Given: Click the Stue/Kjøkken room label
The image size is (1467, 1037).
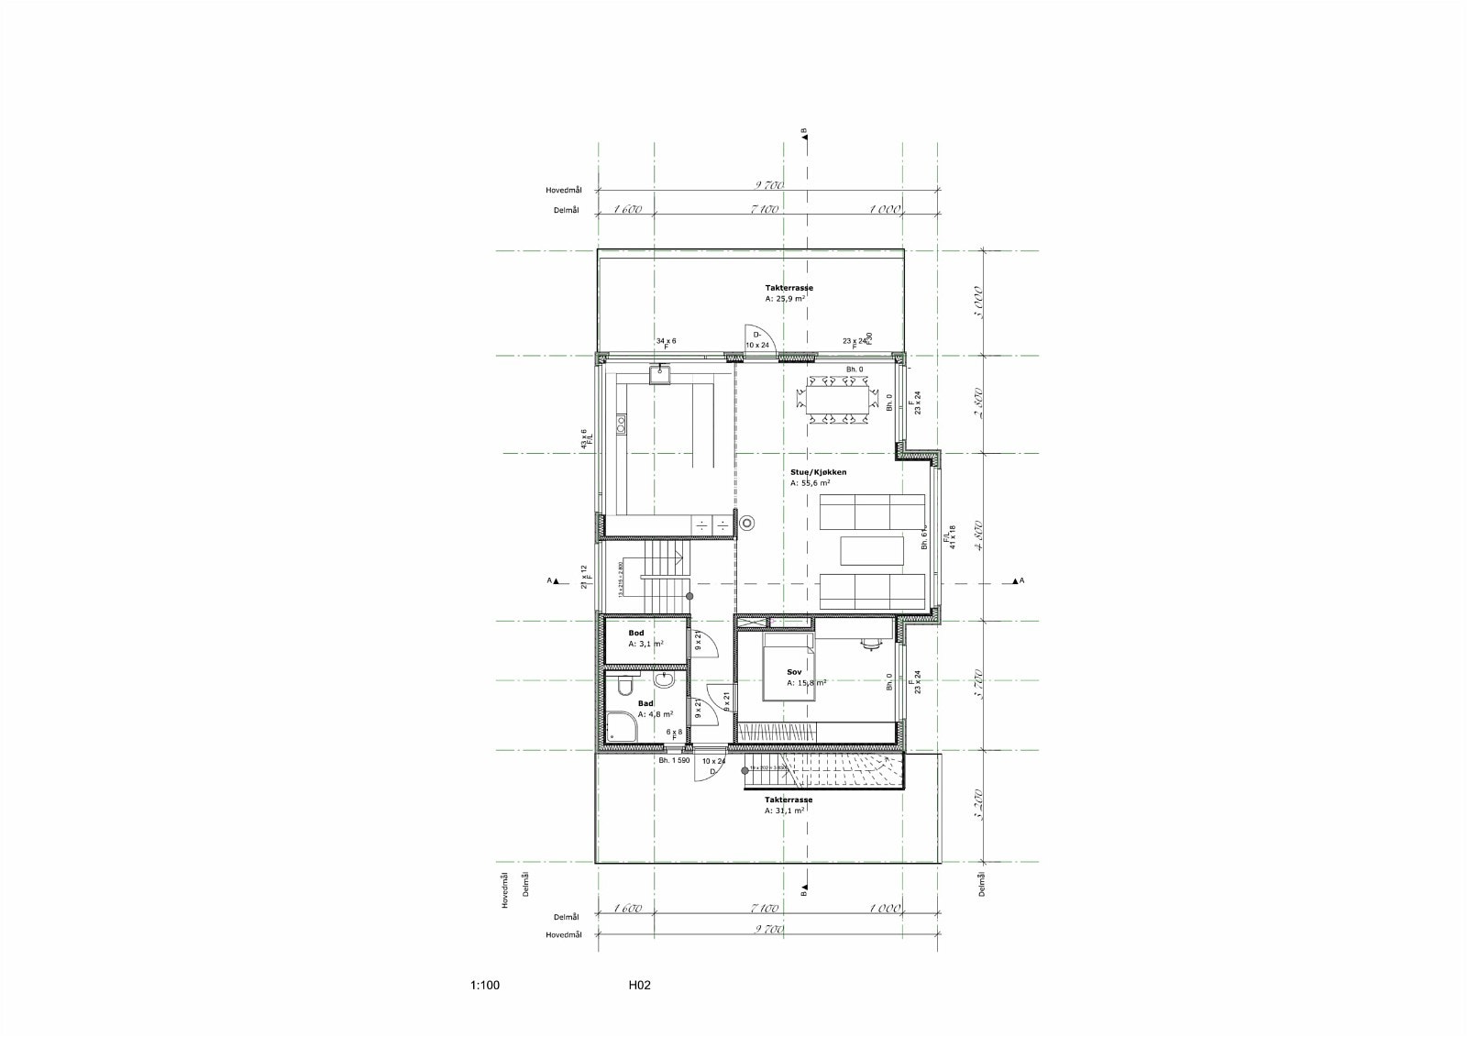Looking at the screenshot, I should (818, 472).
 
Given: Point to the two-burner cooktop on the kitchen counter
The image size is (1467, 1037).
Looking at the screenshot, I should (621, 424).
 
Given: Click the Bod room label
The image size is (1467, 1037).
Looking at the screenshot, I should (635, 633).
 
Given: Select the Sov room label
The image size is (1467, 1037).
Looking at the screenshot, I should (794, 672).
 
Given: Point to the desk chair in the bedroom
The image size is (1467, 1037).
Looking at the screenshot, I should (868, 644).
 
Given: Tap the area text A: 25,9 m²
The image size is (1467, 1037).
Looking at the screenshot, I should (786, 299).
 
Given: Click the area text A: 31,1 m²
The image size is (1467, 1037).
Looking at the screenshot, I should (786, 811).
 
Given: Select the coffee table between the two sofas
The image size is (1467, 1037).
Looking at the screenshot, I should (872, 550).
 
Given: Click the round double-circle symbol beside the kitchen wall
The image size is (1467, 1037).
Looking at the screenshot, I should (748, 524).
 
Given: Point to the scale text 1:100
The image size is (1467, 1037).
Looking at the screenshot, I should (485, 987).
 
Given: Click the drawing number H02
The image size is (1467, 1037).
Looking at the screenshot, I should (639, 987).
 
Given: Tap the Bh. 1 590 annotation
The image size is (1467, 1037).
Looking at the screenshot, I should (674, 760).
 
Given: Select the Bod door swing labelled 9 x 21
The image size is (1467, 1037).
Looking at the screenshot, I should (696, 640).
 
